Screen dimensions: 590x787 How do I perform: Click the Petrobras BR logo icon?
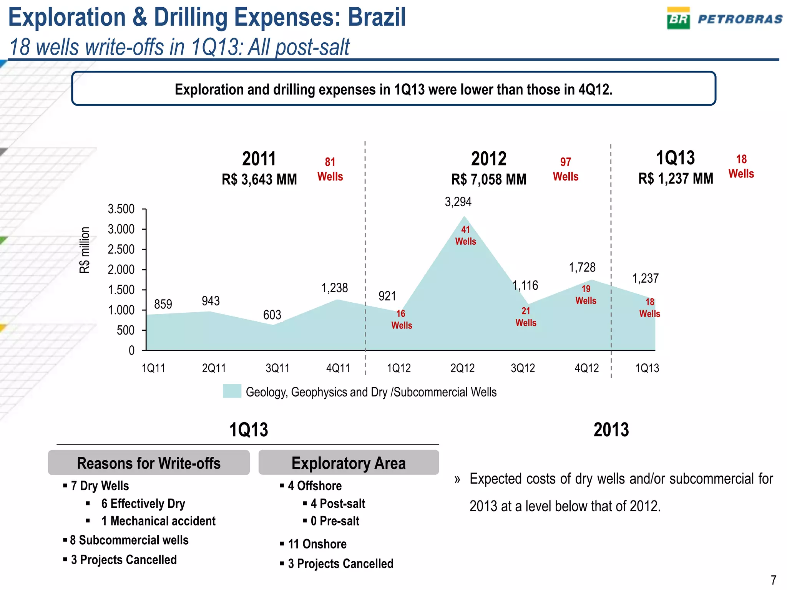coord(678,18)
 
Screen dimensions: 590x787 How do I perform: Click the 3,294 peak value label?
coord(458,202)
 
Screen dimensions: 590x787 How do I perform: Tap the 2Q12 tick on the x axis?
coord(462,368)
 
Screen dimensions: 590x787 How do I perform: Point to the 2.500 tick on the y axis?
coord(121,250)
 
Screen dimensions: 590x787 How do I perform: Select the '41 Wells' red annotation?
coord(465,235)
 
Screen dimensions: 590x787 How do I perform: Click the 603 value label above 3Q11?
coord(272,315)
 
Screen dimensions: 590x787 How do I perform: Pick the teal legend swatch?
coord(232,391)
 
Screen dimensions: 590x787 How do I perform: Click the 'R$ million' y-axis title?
coord(85,250)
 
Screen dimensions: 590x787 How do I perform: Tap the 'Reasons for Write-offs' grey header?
coord(149,463)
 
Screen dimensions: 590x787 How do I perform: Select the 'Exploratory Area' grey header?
coord(349,463)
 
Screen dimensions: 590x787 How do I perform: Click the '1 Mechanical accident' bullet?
coord(158,521)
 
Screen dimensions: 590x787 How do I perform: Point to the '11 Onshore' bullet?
coord(317,544)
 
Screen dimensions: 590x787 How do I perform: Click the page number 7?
coord(774,579)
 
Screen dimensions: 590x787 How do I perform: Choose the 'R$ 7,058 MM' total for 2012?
coord(488,179)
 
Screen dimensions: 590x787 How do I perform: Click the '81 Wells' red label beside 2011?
coord(330,169)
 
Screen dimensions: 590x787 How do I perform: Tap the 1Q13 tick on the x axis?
coord(647,368)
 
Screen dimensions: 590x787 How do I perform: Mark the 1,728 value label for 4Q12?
coord(582,267)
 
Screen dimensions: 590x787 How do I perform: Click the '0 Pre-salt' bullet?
coord(335,521)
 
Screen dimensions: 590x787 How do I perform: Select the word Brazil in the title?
coord(377,18)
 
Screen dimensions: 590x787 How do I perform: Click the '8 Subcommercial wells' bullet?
coord(129,540)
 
